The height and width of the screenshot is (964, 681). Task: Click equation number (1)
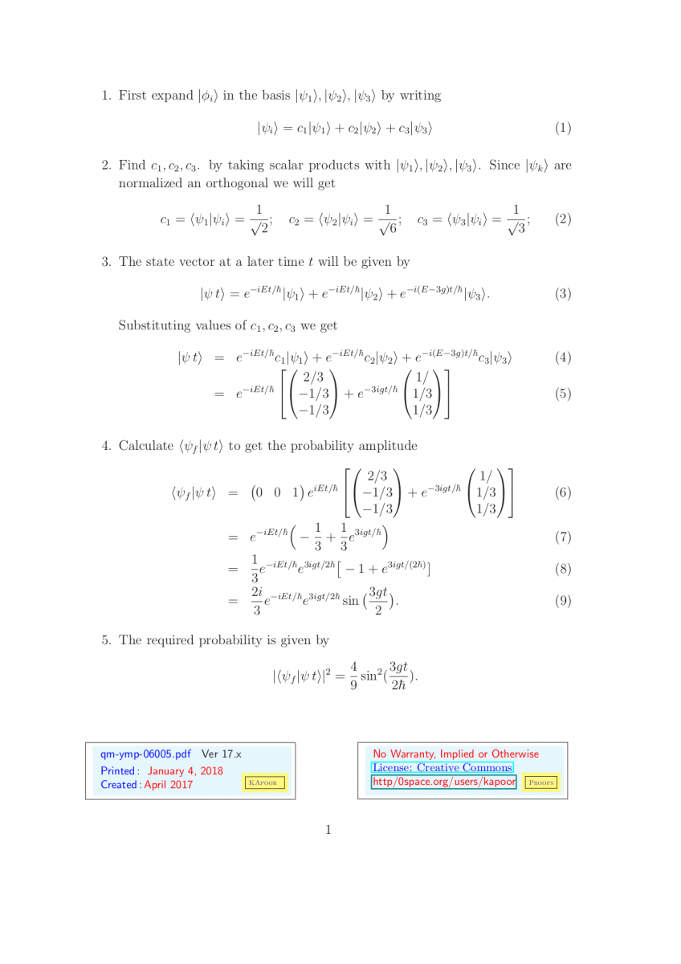[x=563, y=128]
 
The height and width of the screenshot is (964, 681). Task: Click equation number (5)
[x=563, y=394]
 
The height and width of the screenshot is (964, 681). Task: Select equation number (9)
[x=563, y=600]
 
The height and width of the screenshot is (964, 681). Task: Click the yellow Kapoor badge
[x=264, y=783]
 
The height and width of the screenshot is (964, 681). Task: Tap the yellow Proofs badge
[x=540, y=782]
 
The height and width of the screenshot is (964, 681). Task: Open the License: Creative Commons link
[x=442, y=768]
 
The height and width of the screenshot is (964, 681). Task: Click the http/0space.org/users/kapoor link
[x=442, y=782]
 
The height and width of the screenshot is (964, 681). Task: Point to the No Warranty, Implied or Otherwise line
[x=455, y=754]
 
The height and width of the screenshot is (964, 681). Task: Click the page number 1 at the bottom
[x=328, y=830]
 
